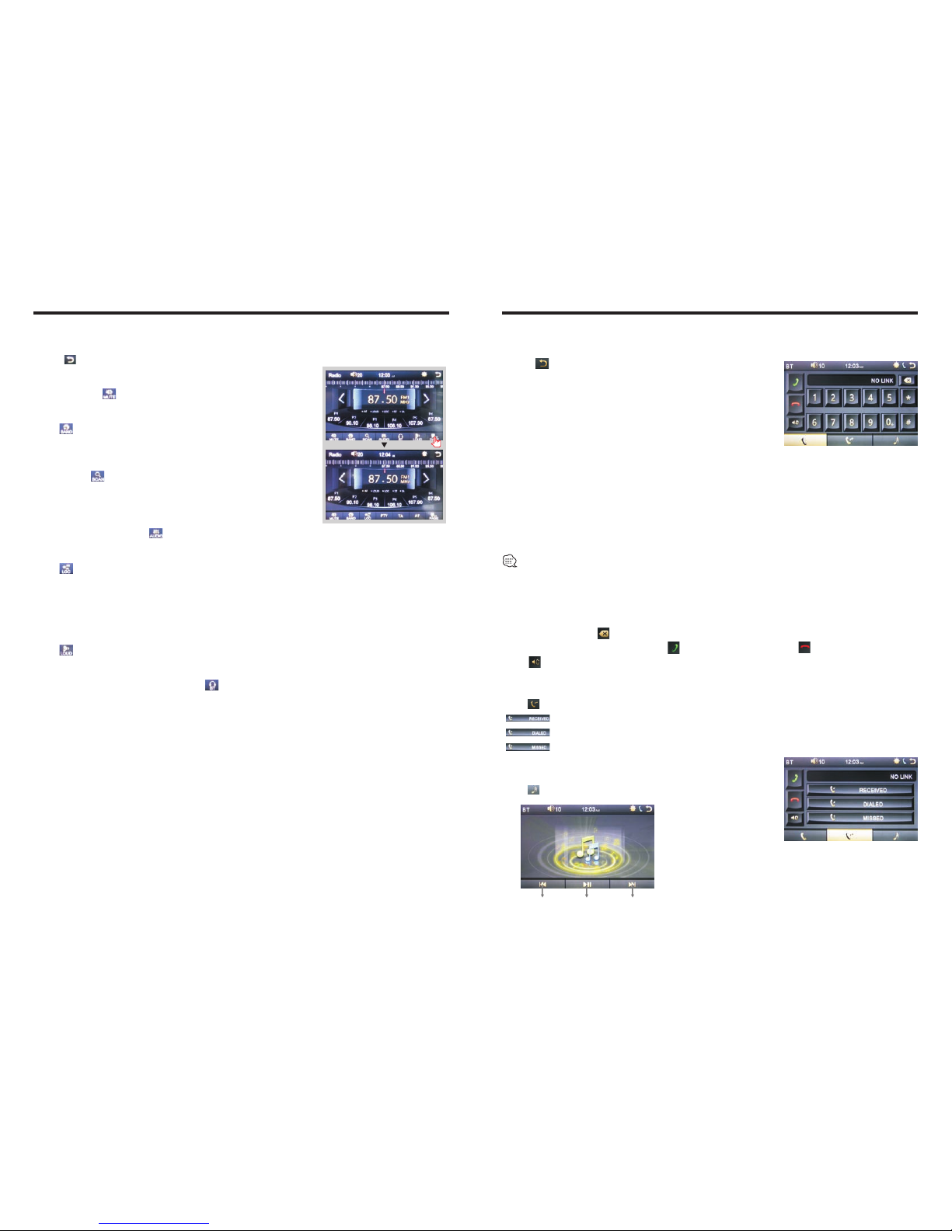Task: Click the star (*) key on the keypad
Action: [x=908, y=398]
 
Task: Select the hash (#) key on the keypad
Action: [x=908, y=423]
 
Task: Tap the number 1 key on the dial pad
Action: [x=814, y=398]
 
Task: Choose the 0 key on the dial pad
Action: [x=889, y=423]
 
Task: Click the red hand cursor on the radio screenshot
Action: [x=436, y=441]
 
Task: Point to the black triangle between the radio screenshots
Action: [x=384, y=445]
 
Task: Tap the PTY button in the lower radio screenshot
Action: [x=384, y=516]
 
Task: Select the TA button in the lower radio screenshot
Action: [x=401, y=516]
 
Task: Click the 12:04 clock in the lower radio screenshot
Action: [x=384, y=455]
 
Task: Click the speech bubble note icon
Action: [x=510, y=561]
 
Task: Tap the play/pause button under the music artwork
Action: [x=588, y=884]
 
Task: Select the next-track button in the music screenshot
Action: [x=632, y=884]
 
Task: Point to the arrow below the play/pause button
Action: [x=587, y=895]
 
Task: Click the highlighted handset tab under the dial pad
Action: [x=805, y=440]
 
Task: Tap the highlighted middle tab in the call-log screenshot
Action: [x=849, y=836]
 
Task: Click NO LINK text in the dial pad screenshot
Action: [x=881, y=381]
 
